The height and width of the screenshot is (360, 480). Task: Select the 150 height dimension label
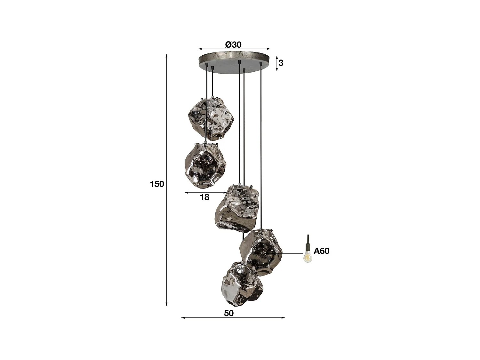tap(157, 184)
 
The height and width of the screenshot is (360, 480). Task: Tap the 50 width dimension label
tap(229, 313)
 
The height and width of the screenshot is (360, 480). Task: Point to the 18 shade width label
tap(204, 197)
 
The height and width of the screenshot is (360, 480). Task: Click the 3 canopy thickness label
tap(281, 63)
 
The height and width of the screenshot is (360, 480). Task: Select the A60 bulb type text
tap(321, 251)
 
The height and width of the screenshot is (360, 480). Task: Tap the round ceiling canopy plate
tap(234, 61)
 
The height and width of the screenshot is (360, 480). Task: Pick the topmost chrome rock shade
tap(210, 118)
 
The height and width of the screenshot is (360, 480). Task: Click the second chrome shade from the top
tap(205, 165)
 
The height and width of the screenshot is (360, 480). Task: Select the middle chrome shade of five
tap(237, 208)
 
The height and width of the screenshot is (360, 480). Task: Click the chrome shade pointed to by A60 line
tap(261, 251)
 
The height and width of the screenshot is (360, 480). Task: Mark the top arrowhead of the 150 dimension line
tap(167, 56)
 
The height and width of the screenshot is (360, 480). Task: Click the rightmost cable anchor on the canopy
tap(261, 65)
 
